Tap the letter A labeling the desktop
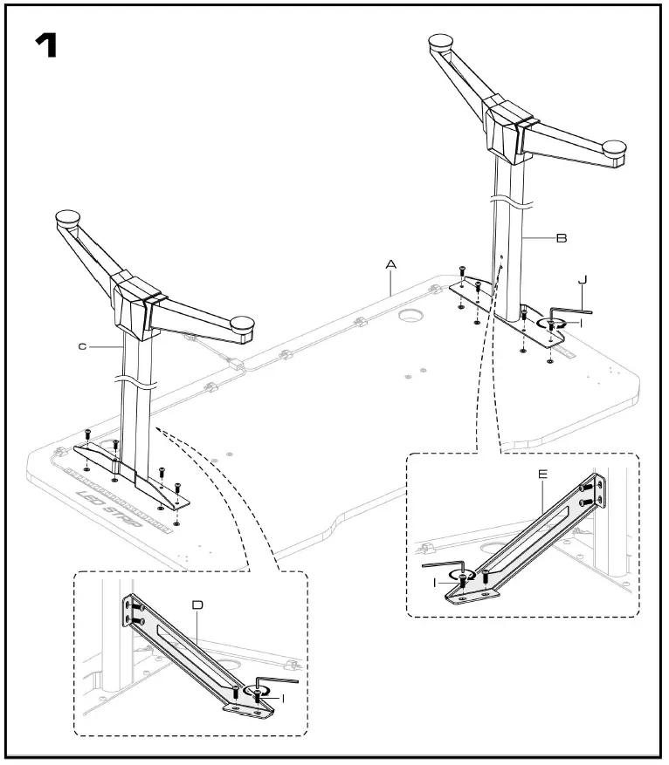click(391, 263)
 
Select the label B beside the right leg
click(562, 237)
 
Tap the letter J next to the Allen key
click(582, 280)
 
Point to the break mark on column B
click(512, 202)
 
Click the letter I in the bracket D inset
click(283, 697)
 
